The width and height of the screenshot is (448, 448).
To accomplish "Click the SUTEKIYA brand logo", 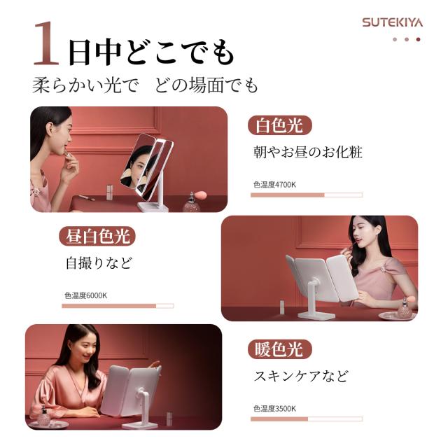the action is (x=392, y=22).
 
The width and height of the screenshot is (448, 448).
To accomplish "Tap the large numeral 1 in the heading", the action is (x=46, y=43).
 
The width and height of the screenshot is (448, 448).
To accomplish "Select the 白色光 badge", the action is (x=280, y=125).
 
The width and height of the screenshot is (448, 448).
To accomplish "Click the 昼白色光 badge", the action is (x=97, y=236).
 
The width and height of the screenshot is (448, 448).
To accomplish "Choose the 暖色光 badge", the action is (x=280, y=349).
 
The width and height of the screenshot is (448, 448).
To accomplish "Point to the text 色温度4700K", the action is (x=274, y=185).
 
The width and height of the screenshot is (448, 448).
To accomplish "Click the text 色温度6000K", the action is (x=85, y=295).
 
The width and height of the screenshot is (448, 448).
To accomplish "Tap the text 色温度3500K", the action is (x=274, y=409).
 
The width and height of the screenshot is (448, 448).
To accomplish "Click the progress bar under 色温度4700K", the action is (x=307, y=195).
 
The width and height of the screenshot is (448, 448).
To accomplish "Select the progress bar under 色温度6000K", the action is (x=118, y=306).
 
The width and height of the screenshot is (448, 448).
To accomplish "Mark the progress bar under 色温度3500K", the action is (x=307, y=419).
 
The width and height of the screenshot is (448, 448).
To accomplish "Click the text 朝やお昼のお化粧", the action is (x=308, y=152).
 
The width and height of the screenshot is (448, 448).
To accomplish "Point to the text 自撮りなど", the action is (x=99, y=263).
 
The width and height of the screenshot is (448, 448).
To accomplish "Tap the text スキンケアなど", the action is (x=302, y=376).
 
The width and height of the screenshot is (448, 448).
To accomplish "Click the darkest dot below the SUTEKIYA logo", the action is (x=419, y=39).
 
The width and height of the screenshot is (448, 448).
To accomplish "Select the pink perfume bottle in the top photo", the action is (x=192, y=202).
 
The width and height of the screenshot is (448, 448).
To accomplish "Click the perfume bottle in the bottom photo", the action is (x=45, y=416).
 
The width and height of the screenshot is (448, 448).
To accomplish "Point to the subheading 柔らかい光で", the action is (x=85, y=85).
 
